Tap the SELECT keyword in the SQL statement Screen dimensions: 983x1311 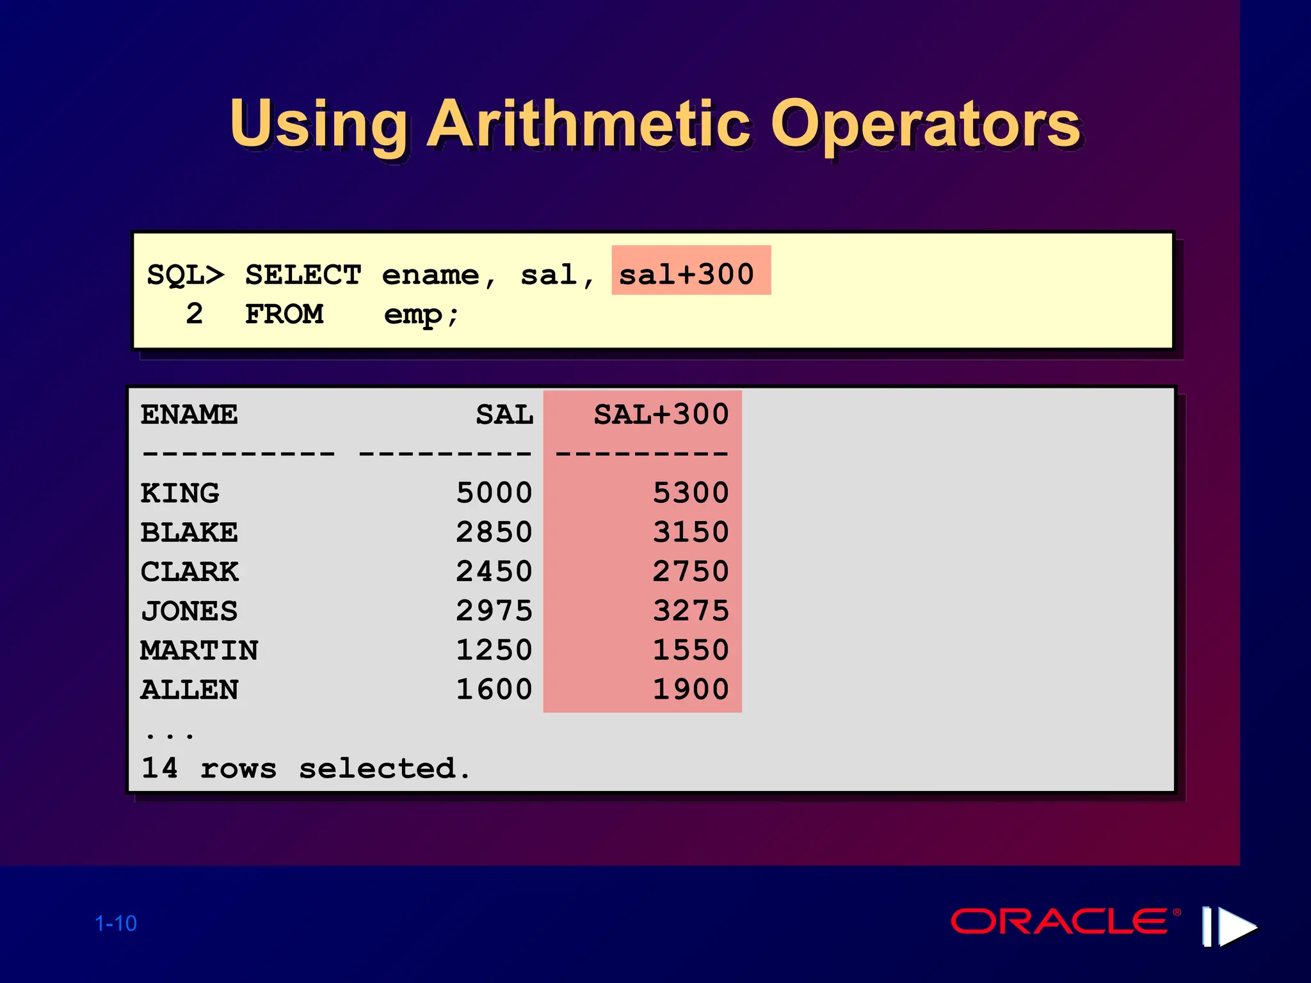303,275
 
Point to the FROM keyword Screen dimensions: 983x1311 284,314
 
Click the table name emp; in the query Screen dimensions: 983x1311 421,315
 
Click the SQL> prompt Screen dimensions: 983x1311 186,275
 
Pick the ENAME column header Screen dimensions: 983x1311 189,415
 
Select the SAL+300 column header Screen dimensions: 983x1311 661,415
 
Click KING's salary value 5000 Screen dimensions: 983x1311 494,493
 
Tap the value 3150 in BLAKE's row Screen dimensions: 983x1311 690,532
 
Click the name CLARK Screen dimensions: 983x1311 189,571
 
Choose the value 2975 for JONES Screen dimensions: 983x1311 494,611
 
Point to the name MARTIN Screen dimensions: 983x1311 199,650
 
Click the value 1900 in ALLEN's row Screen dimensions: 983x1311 690,689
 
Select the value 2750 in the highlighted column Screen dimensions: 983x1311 690,571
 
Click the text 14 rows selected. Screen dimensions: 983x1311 305,768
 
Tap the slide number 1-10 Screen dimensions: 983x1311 116,923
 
